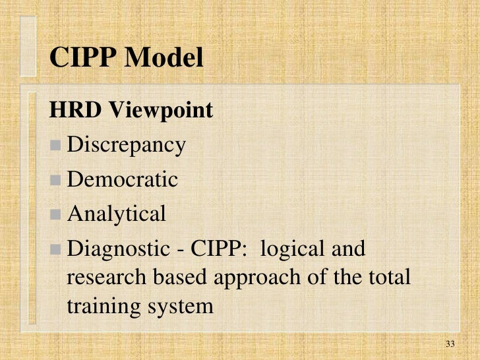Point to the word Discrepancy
127,146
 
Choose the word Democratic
123,179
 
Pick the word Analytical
117,214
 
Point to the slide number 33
451,344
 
